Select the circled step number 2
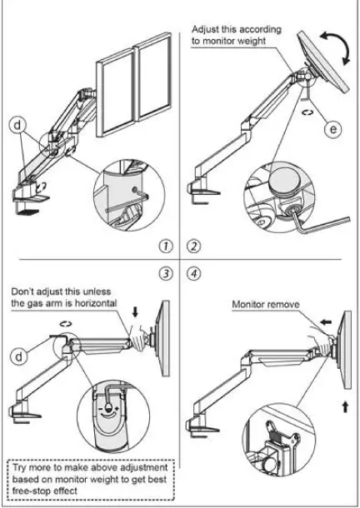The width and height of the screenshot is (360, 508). pos(194,247)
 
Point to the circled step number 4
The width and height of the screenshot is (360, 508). pos(194,272)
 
